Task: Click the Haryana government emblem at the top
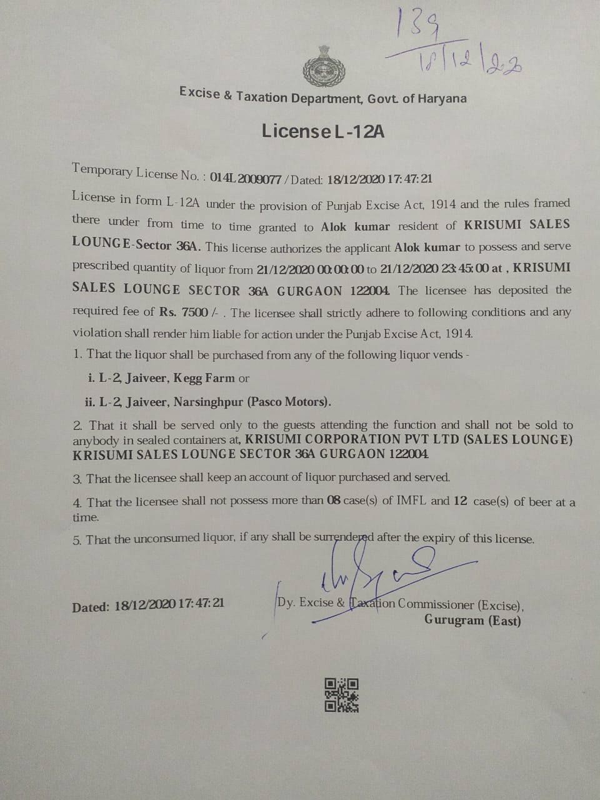pyautogui.click(x=324, y=66)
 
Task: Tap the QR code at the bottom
pyautogui.click(x=341, y=694)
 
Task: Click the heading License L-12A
pyautogui.click(x=323, y=131)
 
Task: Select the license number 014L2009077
pyautogui.click(x=245, y=177)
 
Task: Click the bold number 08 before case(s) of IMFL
pyautogui.click(x=334, y=501)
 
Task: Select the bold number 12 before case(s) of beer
pyautogui.click(x=461, y=501)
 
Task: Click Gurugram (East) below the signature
pyautogui.click(x=472, y=620)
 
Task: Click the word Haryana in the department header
pyautogui.click(x=442, y=99)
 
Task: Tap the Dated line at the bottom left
pyautogui.click(x=147, y=605)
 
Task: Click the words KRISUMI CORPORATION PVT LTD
pyautogui.click(x=352, y=439)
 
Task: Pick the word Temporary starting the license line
pyautogui.click(x=102, y=170)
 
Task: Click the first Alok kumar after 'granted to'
pyautogui.click(x=355, y=227)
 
